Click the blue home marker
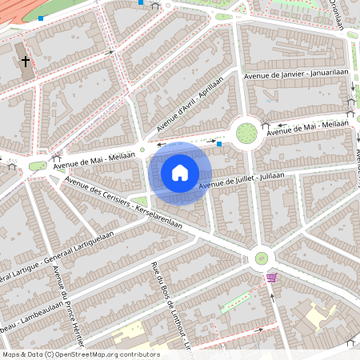tap(180, 173)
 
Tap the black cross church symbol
tap(26, 61)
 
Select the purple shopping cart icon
tap(272, 277)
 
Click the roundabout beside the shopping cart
tap(261, 258)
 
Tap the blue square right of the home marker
tap(219, 145)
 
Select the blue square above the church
tap(41, 18)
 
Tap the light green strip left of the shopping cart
tap(234, 302)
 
